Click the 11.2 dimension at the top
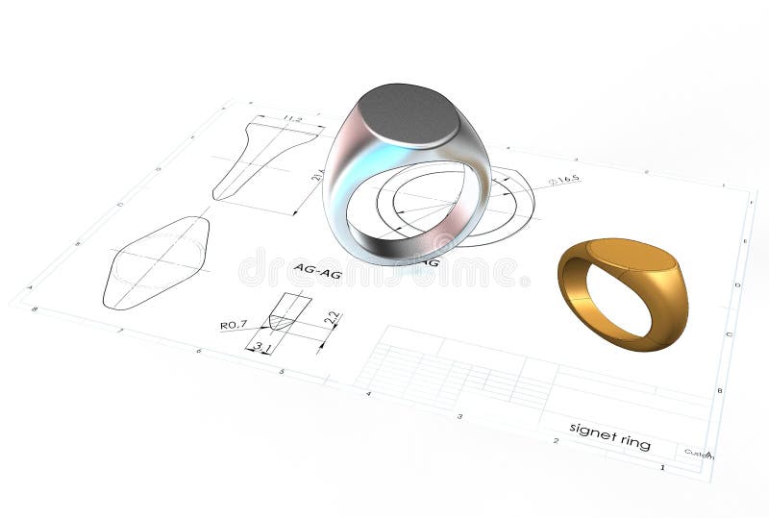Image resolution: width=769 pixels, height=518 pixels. click(287, 120)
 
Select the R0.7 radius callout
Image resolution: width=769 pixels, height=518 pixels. click(234, 325)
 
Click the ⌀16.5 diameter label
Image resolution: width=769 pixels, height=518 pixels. click(563, 180)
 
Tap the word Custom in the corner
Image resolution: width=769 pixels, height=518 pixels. click(699, 454)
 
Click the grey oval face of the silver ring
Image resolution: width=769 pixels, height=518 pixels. click(408, 113)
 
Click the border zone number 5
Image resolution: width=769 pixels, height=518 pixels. click(281, 371)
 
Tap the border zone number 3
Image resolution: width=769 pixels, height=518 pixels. click(459, 416)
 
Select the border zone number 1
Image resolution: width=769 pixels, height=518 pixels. click(661, 467)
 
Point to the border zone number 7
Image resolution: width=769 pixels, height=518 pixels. click(121, 330)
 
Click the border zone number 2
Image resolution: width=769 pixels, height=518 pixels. click(555, 440)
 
